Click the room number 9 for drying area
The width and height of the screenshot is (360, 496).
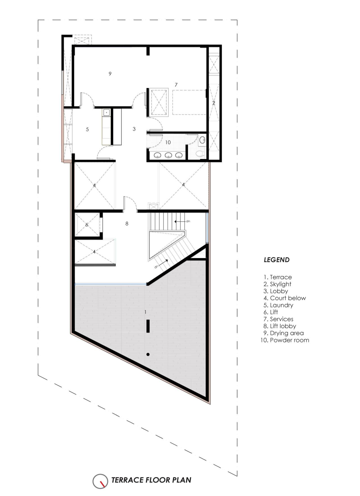[x=110, y=74]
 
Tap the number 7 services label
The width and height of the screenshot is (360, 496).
[x=176, y=85]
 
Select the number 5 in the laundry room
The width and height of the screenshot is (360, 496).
[x=87, y=129]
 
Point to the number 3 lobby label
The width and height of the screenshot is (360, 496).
[x=134, y=129]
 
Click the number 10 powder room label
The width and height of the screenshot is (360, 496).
[x=168, y=142]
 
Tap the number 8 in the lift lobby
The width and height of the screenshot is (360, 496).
[x=127, y=224]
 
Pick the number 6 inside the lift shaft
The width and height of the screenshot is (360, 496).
[x=87, y=225]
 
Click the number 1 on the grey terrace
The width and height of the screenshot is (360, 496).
[x=145, y=312]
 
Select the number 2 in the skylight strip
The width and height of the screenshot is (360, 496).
[x=214, y=103]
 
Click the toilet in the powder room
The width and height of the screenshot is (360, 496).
[x=199, y=154]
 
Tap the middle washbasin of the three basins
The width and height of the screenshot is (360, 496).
[x=168, y=155]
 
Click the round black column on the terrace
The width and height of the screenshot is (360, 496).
[x=148, y=355]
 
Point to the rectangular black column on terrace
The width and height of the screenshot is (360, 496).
[x=148, y=326]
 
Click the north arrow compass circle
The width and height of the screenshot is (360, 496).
[x=100, y=481]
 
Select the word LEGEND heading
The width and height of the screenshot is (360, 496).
[x=276, y=260]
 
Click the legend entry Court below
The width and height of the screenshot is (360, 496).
[x=285, y=298]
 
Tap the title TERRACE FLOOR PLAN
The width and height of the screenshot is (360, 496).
[x=151, y=480]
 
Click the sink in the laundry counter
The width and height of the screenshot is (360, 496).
[x=106, y=113]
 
